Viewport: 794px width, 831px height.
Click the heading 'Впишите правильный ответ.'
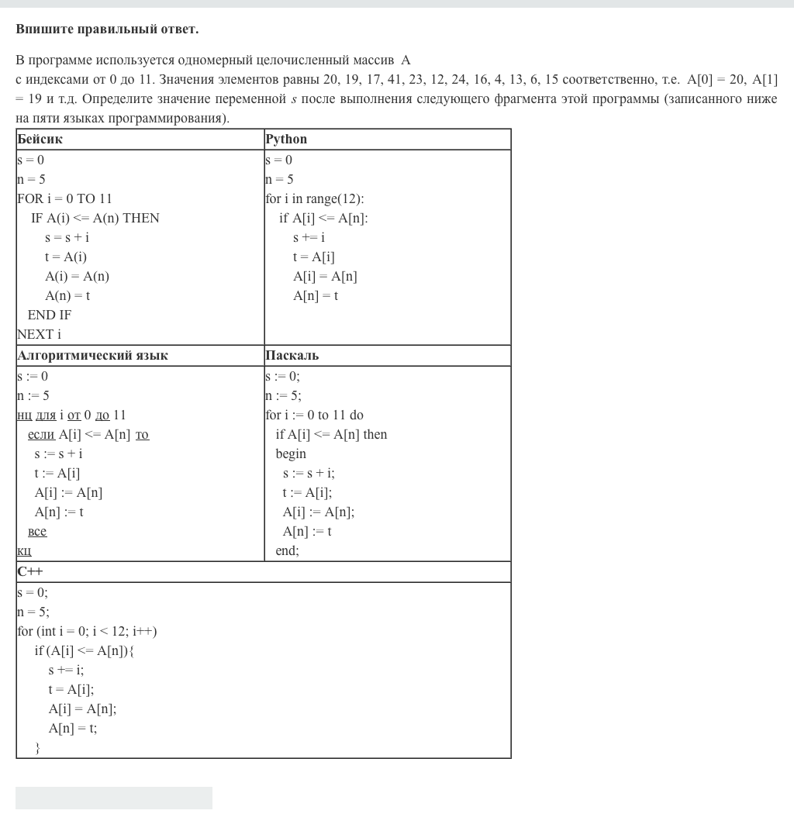107,29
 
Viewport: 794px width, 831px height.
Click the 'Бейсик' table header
40,140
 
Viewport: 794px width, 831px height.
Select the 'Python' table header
286,140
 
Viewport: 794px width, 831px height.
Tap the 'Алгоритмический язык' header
92,356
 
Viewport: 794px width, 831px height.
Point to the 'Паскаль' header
292,356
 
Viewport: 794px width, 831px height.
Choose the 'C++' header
30,572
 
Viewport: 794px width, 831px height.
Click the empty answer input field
113,798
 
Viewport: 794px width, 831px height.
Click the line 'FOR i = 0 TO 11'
64,198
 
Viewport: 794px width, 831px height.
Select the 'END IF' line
49,315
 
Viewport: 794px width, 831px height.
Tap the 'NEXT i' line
39,334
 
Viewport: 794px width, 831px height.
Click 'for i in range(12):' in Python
314,198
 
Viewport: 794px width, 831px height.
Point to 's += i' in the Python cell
309,237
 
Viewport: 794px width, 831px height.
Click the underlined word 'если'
41,435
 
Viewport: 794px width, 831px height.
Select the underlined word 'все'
37,532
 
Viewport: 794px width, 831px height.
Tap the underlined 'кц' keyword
24,551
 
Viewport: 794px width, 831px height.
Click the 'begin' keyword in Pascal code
291,453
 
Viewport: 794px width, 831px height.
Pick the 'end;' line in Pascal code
287,550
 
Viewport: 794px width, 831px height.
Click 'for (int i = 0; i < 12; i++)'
87,631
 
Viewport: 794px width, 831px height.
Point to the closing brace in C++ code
37,748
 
